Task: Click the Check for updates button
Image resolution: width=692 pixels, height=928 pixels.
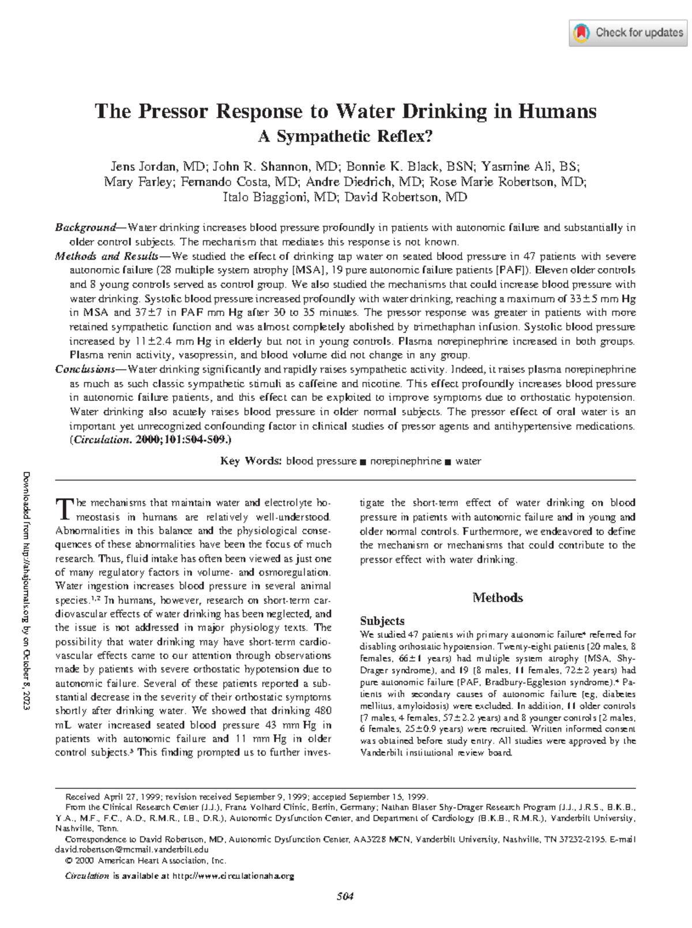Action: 629,33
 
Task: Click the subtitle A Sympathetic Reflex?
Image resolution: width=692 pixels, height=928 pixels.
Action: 345,137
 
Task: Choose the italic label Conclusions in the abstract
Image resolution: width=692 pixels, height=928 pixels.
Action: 85,369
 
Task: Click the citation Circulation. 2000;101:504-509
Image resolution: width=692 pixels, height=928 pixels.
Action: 151,440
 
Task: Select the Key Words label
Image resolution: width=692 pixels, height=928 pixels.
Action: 251,461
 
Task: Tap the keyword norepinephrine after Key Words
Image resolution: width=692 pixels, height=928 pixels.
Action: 405,461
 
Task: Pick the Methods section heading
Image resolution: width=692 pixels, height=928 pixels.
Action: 497,598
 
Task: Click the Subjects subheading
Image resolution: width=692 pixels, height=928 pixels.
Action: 382,621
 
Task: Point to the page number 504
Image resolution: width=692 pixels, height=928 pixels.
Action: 345,896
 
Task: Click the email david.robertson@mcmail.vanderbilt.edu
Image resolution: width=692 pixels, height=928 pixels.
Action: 131,850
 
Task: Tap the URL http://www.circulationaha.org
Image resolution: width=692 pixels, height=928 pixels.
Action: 234,876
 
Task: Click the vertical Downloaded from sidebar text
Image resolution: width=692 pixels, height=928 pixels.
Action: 27,591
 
